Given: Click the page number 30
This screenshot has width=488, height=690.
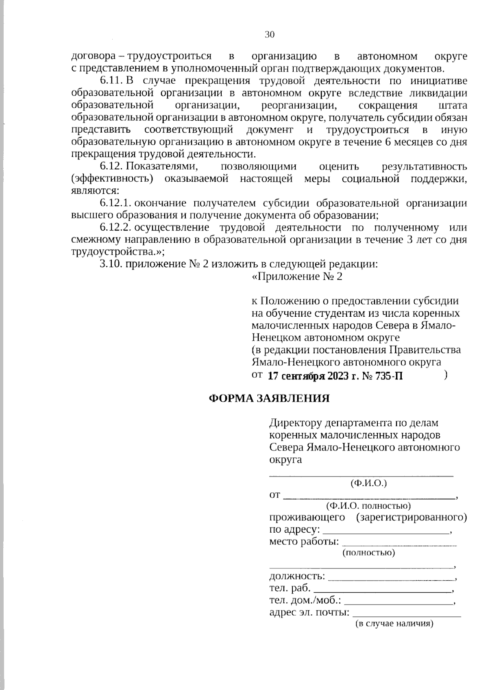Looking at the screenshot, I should tap(270, 35).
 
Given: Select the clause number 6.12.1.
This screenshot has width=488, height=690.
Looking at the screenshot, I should tap(115, 203).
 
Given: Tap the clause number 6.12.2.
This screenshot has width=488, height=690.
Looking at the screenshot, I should tap(115, 227).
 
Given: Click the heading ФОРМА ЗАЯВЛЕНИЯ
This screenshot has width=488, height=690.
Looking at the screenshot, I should tap(269, 398).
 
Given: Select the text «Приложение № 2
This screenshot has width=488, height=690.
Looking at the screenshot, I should tap(297, 276).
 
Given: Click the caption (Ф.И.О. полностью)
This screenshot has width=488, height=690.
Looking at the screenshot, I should tap(368, 506).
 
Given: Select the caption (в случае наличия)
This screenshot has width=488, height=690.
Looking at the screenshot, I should tap(394, 624).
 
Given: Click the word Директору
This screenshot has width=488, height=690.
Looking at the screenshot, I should tap(295, 423).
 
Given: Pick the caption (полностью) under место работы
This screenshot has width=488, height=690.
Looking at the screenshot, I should tap(369, 553).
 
